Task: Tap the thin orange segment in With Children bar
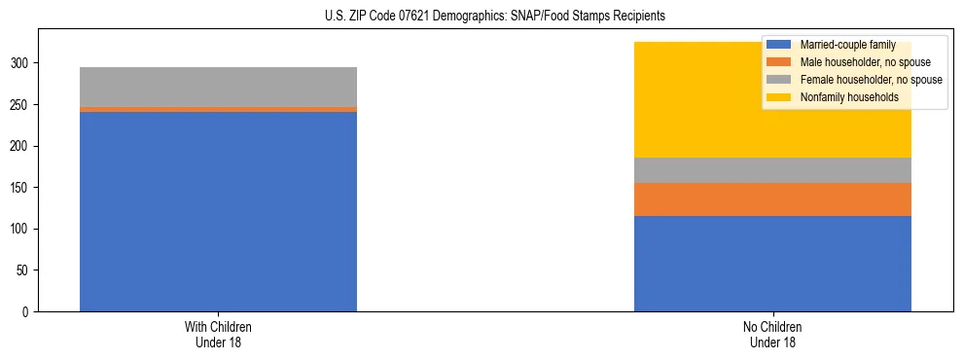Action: coord(218,110)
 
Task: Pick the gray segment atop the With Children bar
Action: coord(218,87)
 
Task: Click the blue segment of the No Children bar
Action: coord(772,264)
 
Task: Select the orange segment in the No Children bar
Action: coord(772,199)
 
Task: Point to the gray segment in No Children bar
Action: coord(772,170)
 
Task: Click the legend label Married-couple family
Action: coord(840,45)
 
